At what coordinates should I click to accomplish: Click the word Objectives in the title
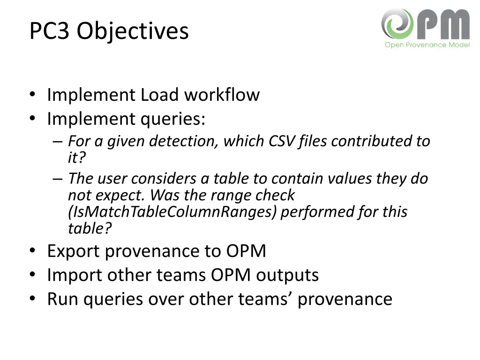(133, 31)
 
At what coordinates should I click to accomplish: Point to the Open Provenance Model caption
(427, 45)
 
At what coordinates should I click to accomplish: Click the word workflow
(222, 95)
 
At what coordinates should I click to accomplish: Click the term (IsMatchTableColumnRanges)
(173, 212)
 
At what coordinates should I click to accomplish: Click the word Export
(74, 251)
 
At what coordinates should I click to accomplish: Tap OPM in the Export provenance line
(246, 251)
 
